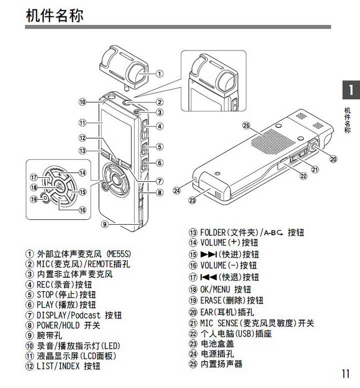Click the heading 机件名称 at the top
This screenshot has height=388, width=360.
(x=54, y=15)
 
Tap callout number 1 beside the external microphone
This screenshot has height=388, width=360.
(x=159, y=73)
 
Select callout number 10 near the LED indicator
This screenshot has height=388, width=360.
(x=82, y=102)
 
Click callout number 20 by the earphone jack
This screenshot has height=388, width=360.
(x=333, y=159)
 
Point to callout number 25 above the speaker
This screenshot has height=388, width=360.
(x=246, y=125)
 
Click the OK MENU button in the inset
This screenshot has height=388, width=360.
(x=59, y=186)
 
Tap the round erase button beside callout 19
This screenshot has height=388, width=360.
(x=45, y=198)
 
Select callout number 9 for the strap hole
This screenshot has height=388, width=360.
(x=105, y=224)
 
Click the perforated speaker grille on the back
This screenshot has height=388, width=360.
(x=273, y=141)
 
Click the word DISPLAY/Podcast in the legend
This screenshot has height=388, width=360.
(x=68, y=315)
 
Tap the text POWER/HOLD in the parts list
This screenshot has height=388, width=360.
(x=58, y=326)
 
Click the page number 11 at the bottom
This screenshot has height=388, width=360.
(x=345, y=374)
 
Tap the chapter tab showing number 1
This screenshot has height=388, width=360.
(x=351, y=90)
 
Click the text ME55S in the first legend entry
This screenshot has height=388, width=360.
(x=118, y=254)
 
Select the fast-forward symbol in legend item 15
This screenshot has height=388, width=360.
(x=208, y=254)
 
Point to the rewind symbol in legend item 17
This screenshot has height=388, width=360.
(x=208, y=277)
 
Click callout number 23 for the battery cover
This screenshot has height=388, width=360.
(x=192, y=200)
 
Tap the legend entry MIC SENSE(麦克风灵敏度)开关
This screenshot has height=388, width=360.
(x=256, y=323)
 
